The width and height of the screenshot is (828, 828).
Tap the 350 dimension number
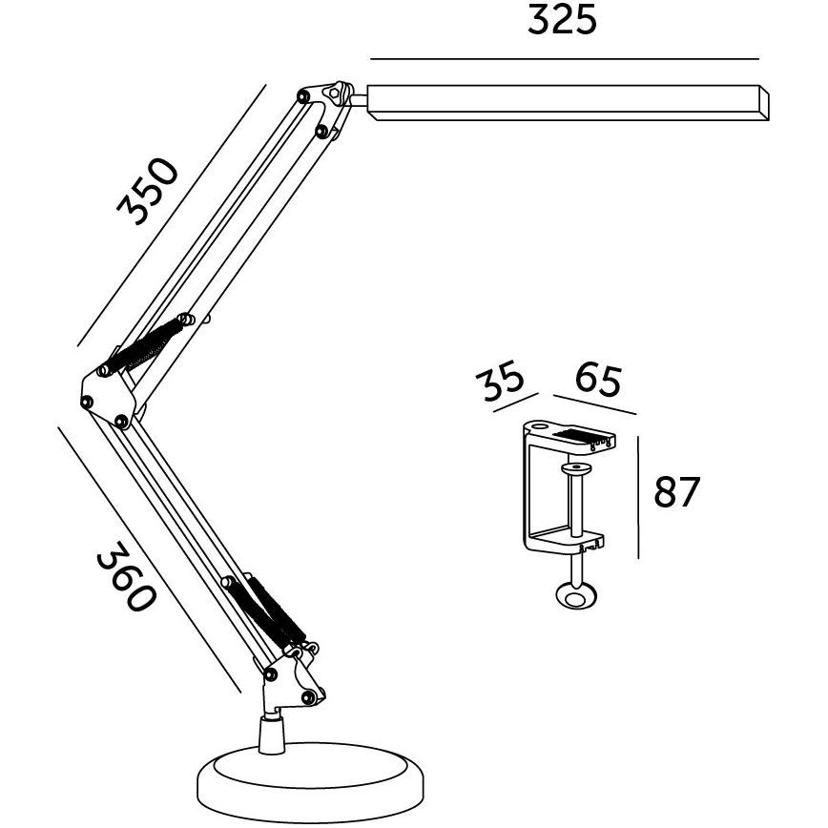[148, 191]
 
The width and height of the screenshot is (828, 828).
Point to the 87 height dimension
[676, 493]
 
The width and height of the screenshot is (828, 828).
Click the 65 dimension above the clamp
[598, 380]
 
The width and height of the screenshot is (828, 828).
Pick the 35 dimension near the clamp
[503, 380]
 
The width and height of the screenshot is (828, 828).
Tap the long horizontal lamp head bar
[568, 102]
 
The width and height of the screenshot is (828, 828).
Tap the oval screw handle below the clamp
[576, 597]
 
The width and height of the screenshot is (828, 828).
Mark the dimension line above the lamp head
[563, 60]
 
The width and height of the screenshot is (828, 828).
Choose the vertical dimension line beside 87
[637, 496]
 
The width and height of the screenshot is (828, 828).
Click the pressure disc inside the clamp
[575, 468]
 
